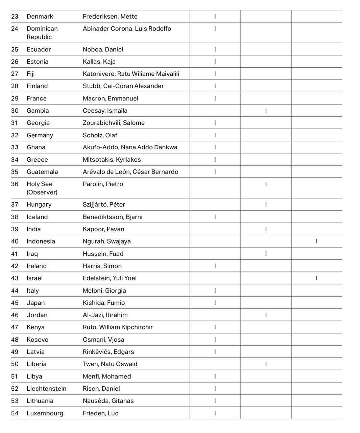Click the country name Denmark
(x=40, y=16)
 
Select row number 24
(x=15, y=29)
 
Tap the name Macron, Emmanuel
(x=110, y=98)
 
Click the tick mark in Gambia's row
(x=266, y=111)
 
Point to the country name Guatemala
(x=42, y=172)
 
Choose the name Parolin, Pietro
(x=103, y=184)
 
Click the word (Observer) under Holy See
(x=42, y=192)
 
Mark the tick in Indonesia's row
(x=317, y=241)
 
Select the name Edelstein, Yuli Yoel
(x=110, y=278)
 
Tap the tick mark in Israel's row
(x=317, y=278)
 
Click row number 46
(x=15, y=315)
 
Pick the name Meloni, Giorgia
(x=104, y=291)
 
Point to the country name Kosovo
(x=38, y=340)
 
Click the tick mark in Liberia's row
(x=266, y=364)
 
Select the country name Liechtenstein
(x=46, y=389)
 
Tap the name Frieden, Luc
(x=100, y=413)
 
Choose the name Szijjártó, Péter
(x=104, y=205)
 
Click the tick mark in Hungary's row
(x=266, y=205)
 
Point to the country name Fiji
(x=31, y=74)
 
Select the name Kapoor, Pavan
(x=103, y=229)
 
